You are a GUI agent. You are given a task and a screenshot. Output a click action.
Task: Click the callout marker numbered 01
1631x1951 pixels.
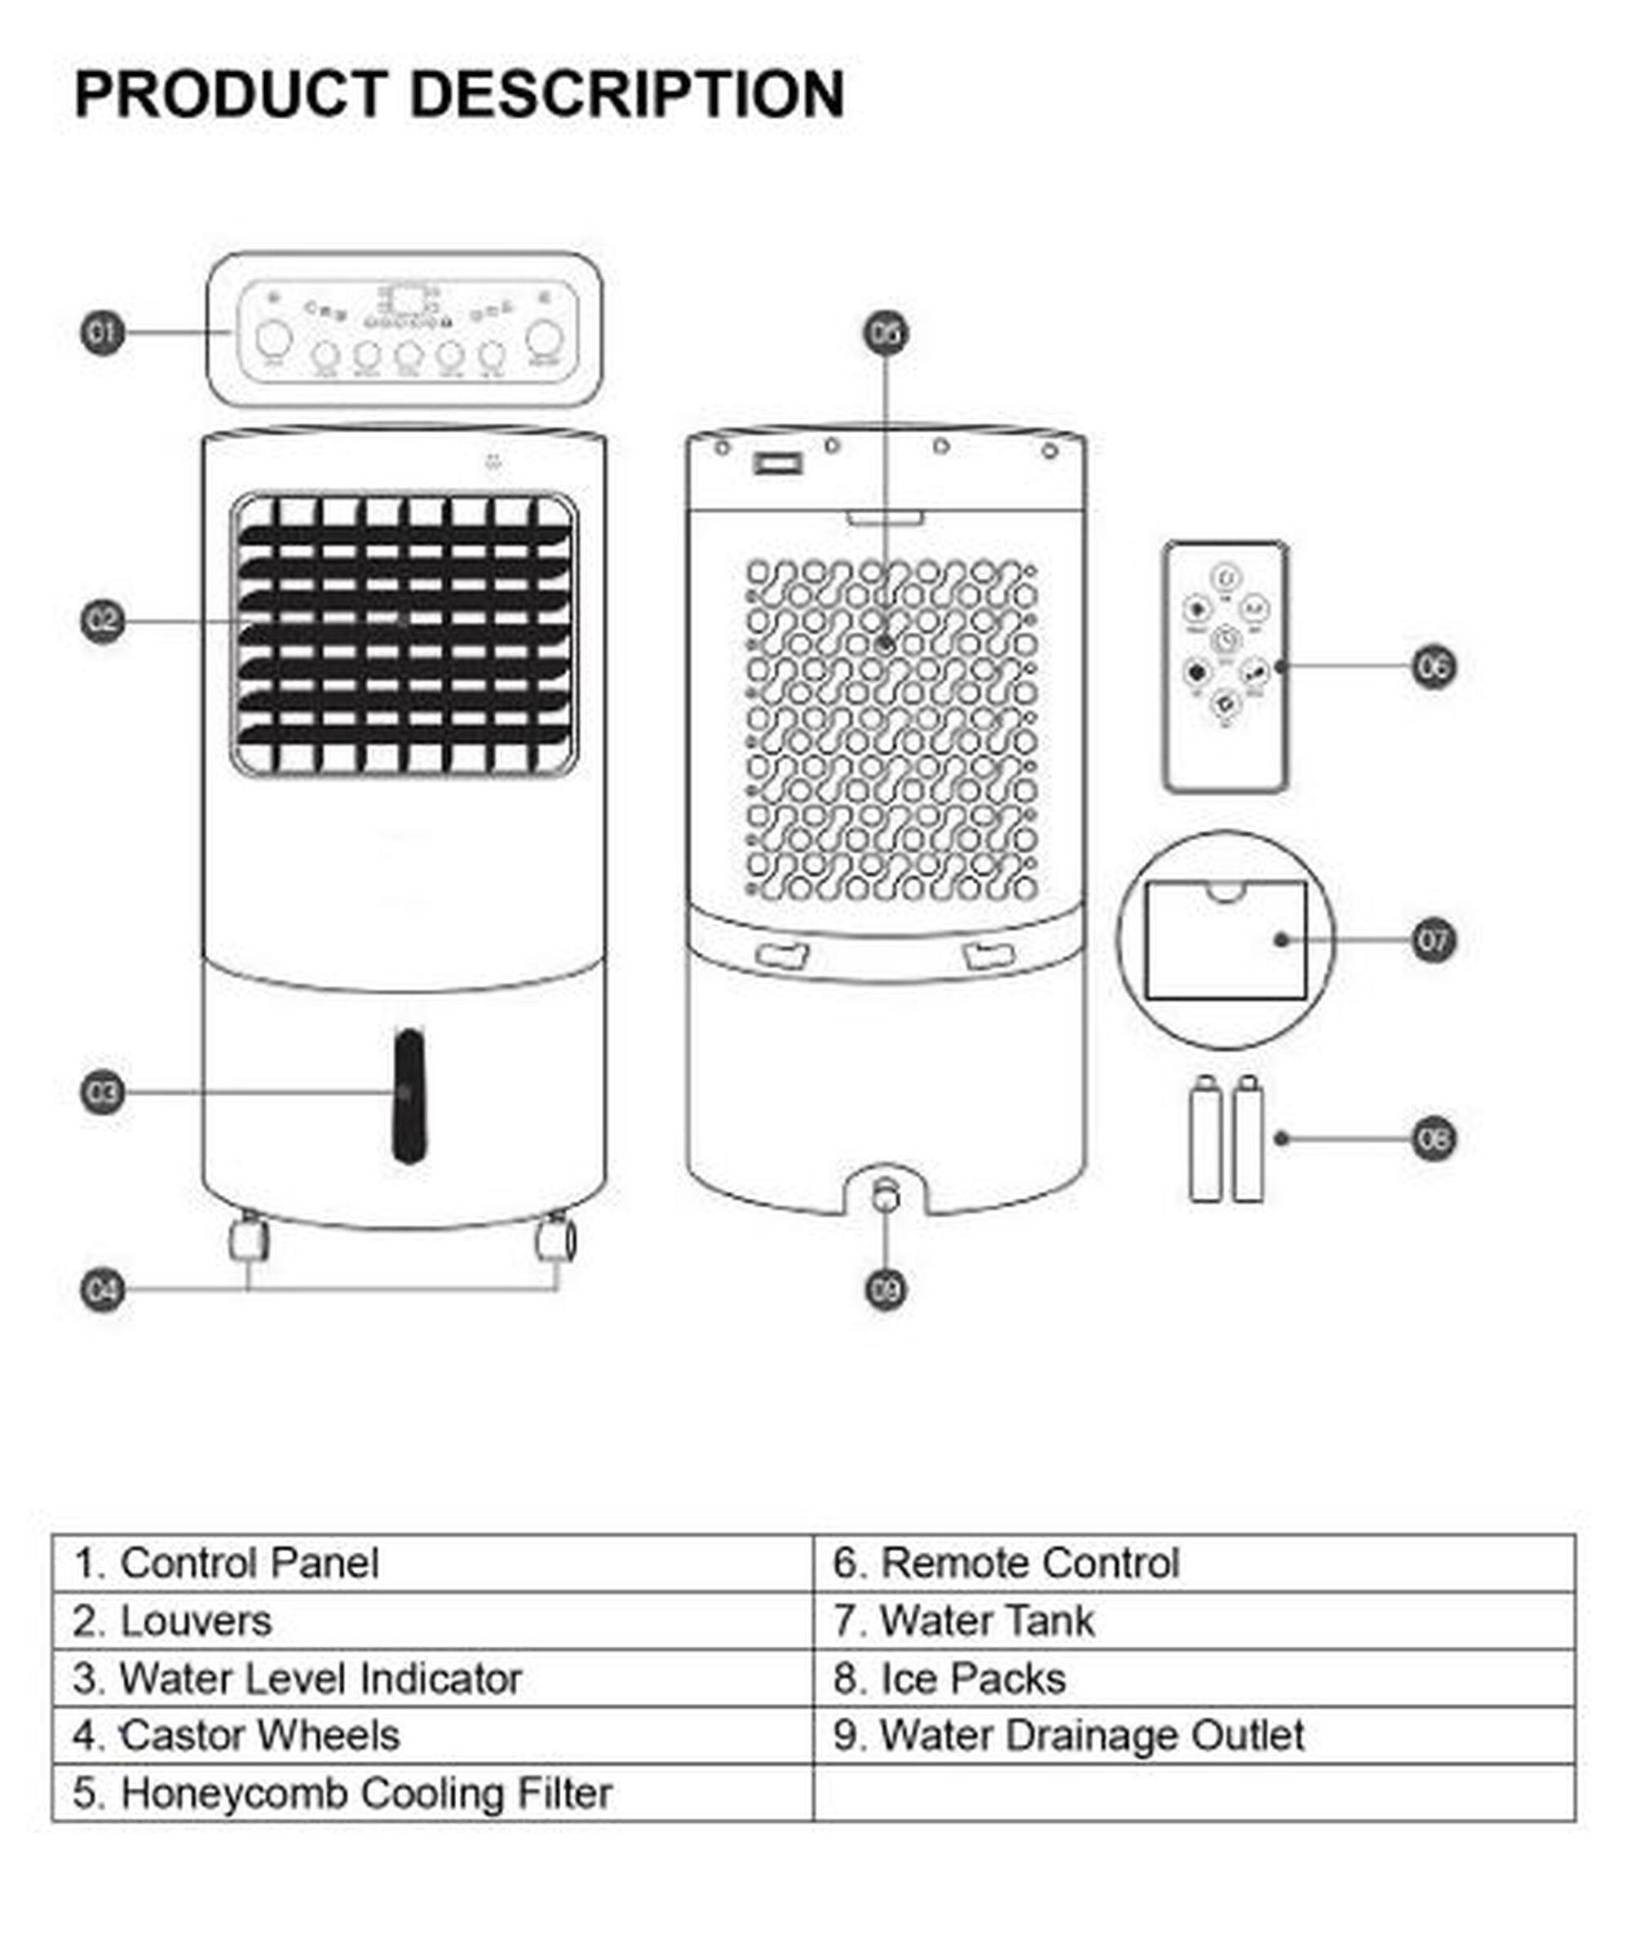pyautogui.click(x=102, y=333)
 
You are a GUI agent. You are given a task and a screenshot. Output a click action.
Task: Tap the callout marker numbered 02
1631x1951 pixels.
pyautogui.click(x=102, y=621)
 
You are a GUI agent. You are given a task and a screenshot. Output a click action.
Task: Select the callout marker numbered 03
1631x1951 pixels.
pyautogui.click(x=102, y=1093)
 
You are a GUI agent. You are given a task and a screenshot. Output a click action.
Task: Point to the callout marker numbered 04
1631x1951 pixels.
pyautogui.click(x=102, y=1290)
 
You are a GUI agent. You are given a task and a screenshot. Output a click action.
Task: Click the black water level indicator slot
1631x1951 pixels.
pyautogui.click(x=409, y=1096)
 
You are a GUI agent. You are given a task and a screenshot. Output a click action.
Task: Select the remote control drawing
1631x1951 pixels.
pyautogui.click(x=1225, y=667)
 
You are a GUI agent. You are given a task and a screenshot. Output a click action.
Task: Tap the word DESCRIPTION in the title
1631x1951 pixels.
pyautogui.click(x=627, y=95)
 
